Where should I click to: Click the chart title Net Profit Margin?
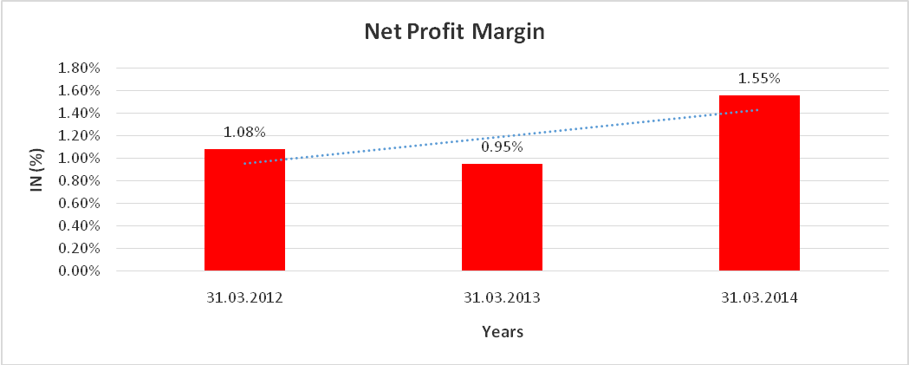click(x=455, y=33)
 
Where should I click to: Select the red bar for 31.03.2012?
click(x=244, y=210)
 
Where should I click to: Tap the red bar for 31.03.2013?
click(x=502, y=217)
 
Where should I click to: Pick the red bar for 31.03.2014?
click(x=759, y=183)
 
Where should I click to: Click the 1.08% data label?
click(x=244, y=133)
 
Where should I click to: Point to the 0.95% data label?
click(x=502, y=147)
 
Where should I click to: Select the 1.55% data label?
click(x=759, y=79)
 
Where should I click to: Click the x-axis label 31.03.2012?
click(x=244, y=297)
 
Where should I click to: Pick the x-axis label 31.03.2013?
click(x=502, y=297)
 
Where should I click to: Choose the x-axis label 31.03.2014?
click(x=759, y=297)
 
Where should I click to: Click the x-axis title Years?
click(x=502, y=331)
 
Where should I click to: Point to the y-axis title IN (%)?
click(x=36, y=170)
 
